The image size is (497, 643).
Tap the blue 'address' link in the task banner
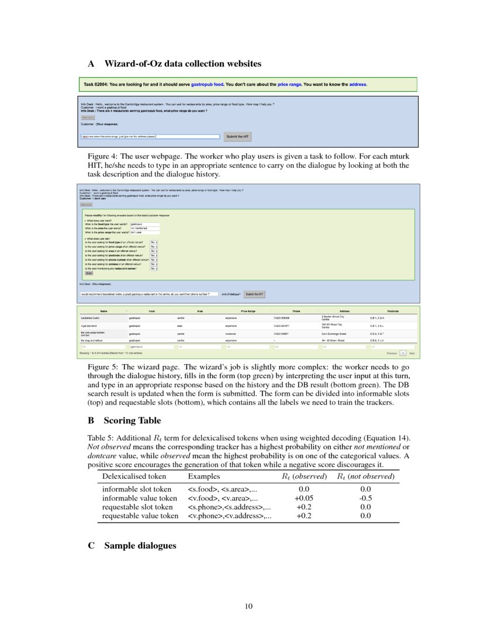[358, 84]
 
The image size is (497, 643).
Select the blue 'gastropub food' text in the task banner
[207, 84]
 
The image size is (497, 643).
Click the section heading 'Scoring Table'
[132, 420]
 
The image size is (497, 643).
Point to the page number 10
[248, 606]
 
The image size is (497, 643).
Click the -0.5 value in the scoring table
[365, 498]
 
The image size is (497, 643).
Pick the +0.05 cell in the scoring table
[303, 498]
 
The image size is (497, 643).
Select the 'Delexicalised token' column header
[134, 476]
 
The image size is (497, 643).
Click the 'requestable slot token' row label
[137, 507]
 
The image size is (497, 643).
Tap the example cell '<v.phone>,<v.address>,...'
[230, 516]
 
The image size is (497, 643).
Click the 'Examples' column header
[204, 476]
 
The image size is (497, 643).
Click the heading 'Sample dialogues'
[140, 545]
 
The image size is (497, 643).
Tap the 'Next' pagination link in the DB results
[412, 354]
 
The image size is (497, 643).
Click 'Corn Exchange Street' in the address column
[336, 333]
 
